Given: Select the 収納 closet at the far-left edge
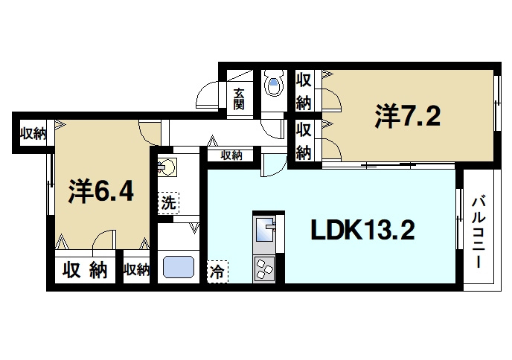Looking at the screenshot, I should [x=33, y=134].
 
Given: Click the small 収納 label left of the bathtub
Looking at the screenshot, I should [x=135, y=269].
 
